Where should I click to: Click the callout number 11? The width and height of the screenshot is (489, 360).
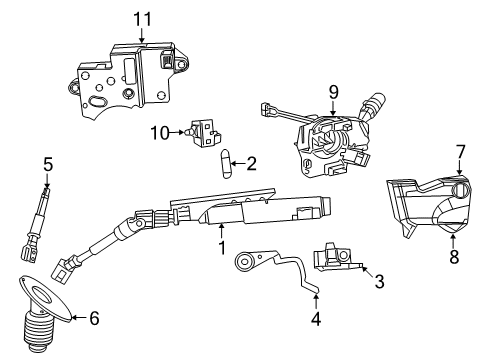pos(142,19)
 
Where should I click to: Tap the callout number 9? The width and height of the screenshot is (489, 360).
pos(333,92)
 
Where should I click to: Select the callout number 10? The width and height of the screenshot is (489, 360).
pos(160,133)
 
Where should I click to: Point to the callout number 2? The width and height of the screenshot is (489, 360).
pos(251,164)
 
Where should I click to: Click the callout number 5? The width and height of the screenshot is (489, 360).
pos(48,165)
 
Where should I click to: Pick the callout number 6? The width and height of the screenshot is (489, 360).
pos(94,318)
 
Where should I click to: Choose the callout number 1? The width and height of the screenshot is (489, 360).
pos(222,248)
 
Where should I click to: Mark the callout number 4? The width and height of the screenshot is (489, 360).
pos(316,319)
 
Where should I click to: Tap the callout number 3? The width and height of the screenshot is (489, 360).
pos(379,281)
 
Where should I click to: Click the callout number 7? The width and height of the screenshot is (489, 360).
pos(460,153)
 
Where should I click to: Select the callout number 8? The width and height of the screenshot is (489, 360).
pos(454,256)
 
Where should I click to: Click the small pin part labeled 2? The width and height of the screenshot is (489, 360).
pos(224,164)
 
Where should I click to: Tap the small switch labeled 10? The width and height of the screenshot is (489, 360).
pos(205,133)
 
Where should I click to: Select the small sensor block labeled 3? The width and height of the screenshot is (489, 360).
pos(336,258)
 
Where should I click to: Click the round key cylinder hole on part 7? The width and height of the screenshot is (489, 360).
pos(459,190)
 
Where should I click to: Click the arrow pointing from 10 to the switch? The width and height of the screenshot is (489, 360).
pos(176,133)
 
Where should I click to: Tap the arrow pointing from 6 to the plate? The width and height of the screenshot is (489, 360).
pos(79,318)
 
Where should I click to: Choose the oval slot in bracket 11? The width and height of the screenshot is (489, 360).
pos(97,101)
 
